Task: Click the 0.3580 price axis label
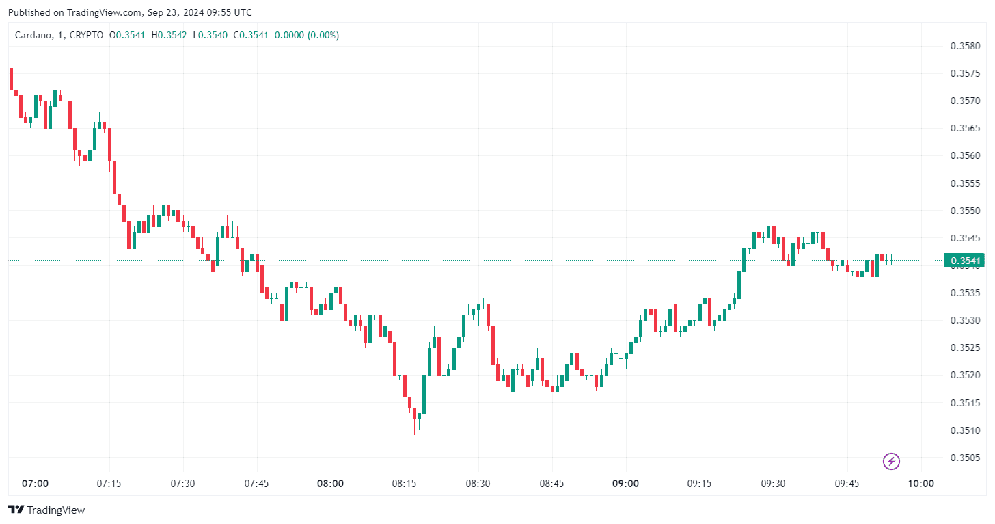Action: point(966,46)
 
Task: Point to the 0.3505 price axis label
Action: point(966,458)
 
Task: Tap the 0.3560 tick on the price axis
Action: point(966,155)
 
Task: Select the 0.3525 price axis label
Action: point(966,348)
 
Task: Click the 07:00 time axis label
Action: point(35,484)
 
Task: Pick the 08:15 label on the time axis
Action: point(404,484)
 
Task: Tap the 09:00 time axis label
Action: point(625,484)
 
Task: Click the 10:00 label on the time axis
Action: point(921,484)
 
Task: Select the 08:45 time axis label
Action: point(551,484)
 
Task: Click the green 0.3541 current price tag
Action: point(965,261)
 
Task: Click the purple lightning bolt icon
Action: point(891,462)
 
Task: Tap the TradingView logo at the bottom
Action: point(46,510)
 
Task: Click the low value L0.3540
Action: point(210,35)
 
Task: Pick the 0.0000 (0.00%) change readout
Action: point(307,35)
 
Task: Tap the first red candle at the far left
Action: point(11,79)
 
